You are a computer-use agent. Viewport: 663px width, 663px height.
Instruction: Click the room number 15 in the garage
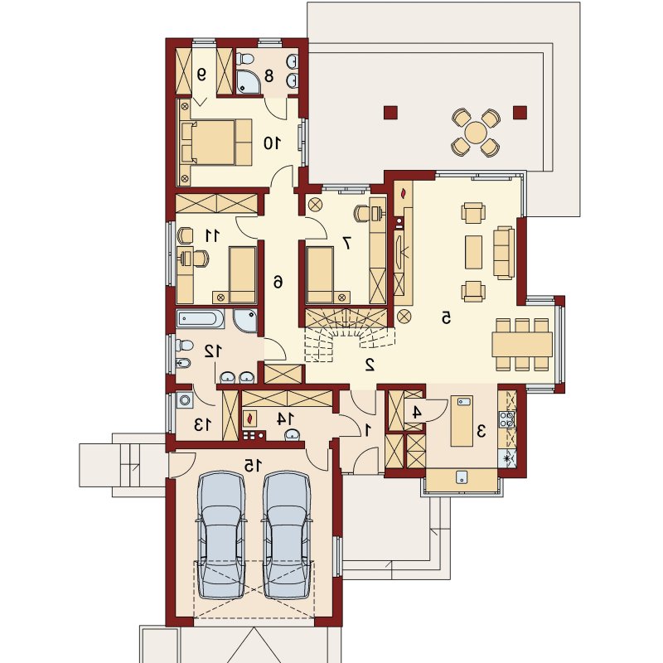(x=253, y=466)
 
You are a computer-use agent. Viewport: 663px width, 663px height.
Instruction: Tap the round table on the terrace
(x=476, y=133)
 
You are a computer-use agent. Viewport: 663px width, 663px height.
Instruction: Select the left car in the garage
(x=220, y=535)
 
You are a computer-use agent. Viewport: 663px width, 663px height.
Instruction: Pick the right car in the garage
(x=286, y=535)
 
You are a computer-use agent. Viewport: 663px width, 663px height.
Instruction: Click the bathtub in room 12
(x=200, y=319)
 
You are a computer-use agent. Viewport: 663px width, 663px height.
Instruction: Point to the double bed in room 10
(x=216, y=142)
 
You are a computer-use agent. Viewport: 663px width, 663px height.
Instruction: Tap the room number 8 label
(x=269, y=76)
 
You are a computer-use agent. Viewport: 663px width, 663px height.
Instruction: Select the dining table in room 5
(x=522, y=343)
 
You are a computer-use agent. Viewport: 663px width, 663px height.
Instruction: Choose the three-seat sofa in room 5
(x=504, y=253)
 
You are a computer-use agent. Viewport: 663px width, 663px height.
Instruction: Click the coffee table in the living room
(x=473, y=252)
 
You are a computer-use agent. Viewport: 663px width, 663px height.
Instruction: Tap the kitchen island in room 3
(x=462, y=421)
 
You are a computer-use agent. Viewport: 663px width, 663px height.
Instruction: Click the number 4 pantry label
(x=416, y=412)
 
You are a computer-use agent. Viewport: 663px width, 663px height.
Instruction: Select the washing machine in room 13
(x=184, y=399)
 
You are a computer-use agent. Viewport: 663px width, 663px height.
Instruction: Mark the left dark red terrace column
(x=391, y=112)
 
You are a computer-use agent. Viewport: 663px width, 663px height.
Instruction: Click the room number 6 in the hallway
(x=278, y=281)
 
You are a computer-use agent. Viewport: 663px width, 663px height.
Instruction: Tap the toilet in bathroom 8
(x=241, y=57)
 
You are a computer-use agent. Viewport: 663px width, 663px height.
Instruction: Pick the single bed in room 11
(x=242, y=275)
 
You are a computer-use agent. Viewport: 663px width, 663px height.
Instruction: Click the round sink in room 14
(x=293, y=434)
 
